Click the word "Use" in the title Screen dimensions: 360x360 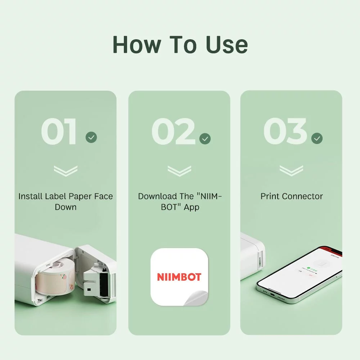pyautogui.click(x=227, y=45)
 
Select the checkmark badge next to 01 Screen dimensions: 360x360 pyautogui.click(x=91, y=137)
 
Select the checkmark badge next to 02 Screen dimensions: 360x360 pyautogui.click(x=205, y=139)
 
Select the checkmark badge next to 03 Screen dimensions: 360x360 pyautogui.click(x=317, y=138)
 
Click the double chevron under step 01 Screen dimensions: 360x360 pyautogui.click(x=66, y=171)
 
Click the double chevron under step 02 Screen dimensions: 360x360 pyautogui.click(x=179, y=171)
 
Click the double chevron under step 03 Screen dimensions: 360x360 pyautogui.click(x=291, y=171)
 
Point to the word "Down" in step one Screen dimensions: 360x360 pyautogui.click(x=66, y=207)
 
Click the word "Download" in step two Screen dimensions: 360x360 pyautogui.click(x=158, y=196)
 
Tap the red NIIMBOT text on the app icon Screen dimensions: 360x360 pyautogui.click(x=179, y=277)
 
